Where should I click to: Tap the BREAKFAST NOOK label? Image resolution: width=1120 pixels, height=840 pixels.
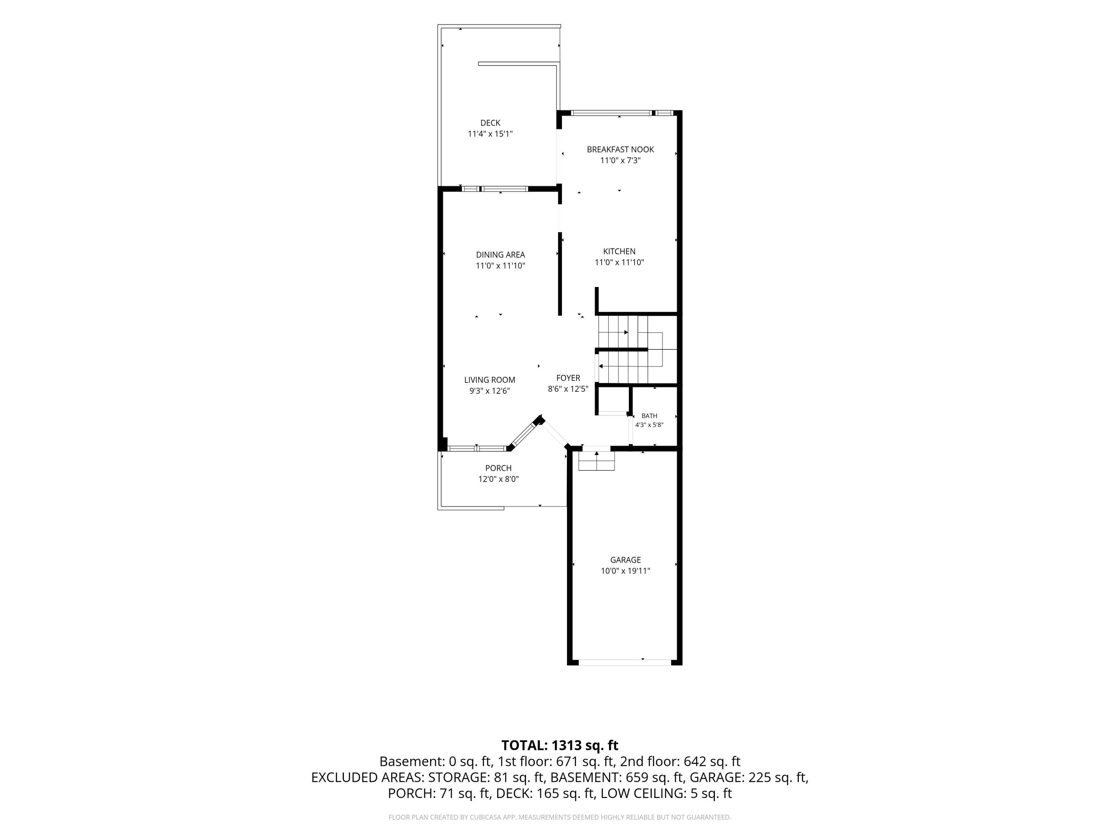point(620,149)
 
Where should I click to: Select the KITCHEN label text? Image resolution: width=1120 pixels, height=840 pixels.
point(619,251)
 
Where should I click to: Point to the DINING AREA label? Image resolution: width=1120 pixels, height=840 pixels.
point(500,255)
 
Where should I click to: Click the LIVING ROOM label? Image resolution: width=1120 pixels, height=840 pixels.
point(490,380)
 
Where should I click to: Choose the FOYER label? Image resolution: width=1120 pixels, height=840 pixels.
point(568,378)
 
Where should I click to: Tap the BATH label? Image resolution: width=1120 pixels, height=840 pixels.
point(649,416)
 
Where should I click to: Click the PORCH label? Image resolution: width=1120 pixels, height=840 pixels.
point(498,468)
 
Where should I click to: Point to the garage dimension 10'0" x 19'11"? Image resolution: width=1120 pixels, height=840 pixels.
point(625,570)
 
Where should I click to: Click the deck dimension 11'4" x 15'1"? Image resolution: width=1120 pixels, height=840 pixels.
point(490,134)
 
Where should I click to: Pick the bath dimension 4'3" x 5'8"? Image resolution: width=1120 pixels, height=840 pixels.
point(649,425)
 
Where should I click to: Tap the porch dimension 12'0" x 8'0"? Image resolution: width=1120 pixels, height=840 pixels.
point(498,479)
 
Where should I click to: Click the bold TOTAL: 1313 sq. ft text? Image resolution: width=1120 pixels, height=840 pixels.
point(559,745)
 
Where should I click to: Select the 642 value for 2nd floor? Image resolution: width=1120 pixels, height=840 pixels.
point(694,762)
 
